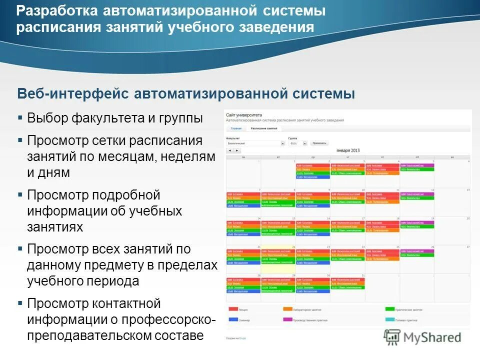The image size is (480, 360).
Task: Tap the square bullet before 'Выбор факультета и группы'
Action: [x=20, y=118]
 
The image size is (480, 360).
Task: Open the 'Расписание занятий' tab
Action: [x=264, y=128]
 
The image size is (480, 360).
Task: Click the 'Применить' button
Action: [x=319, y=143]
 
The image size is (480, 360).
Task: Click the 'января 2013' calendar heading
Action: [x=348, y=150]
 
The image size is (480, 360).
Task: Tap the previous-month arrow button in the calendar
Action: [x=230, y=150]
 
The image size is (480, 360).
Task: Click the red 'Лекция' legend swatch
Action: [x=233, y=309]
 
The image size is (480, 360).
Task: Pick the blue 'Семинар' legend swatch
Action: [x=233, y=319]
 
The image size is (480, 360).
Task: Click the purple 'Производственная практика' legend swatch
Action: [x=287, y=319]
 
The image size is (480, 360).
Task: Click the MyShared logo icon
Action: [x=391, y=337]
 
